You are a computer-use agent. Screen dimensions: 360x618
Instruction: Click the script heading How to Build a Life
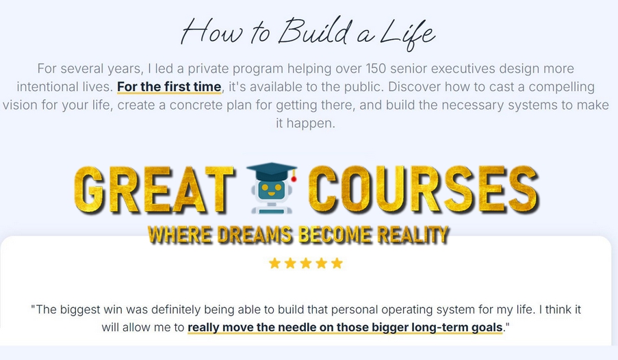tap(307, 31)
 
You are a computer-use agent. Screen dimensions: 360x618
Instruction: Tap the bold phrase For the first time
tap(169, 87)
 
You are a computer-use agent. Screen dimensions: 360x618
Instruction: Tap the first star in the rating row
tap(275, 263)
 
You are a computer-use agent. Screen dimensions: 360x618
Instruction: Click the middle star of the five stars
tap(306, 263)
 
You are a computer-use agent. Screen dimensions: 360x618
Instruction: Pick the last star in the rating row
tap(337, 263)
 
